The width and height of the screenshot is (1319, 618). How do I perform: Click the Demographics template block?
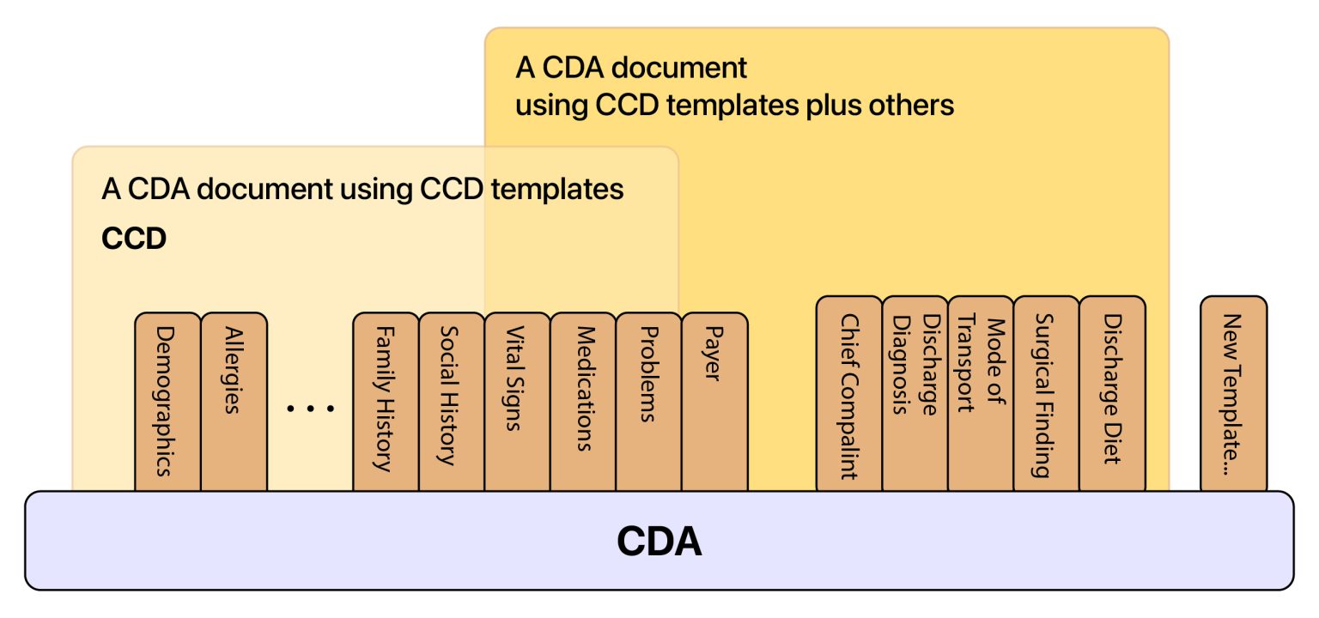[x=167, y=402]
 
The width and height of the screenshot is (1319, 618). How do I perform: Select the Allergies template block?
[x=234, y=402]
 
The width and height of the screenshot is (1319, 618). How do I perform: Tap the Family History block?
[x=386, y=402]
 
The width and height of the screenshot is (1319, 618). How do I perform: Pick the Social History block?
[x=452, y=402]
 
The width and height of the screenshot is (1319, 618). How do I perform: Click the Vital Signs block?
[x=517, y=402]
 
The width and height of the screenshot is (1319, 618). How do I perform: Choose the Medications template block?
[x=583, y=402]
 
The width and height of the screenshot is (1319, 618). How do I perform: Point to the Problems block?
[x=648, y=402]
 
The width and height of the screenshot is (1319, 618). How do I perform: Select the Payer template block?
[x=714, y=402]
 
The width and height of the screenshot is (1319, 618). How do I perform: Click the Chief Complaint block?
[x=848, y=393]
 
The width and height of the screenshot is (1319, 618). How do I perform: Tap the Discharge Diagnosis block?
[x=915, y=393]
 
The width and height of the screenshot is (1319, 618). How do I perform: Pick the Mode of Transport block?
[x=981, y=393]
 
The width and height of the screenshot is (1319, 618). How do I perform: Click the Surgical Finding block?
[x=1046, y=393]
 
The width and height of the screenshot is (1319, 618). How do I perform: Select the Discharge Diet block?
[x=1112, y=393]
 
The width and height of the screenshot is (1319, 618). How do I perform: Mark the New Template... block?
[x=1233, y=393]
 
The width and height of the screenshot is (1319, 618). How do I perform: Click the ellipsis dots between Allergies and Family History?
[x=310, y=409]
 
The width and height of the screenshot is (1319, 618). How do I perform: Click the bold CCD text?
[x=133, y=239]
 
